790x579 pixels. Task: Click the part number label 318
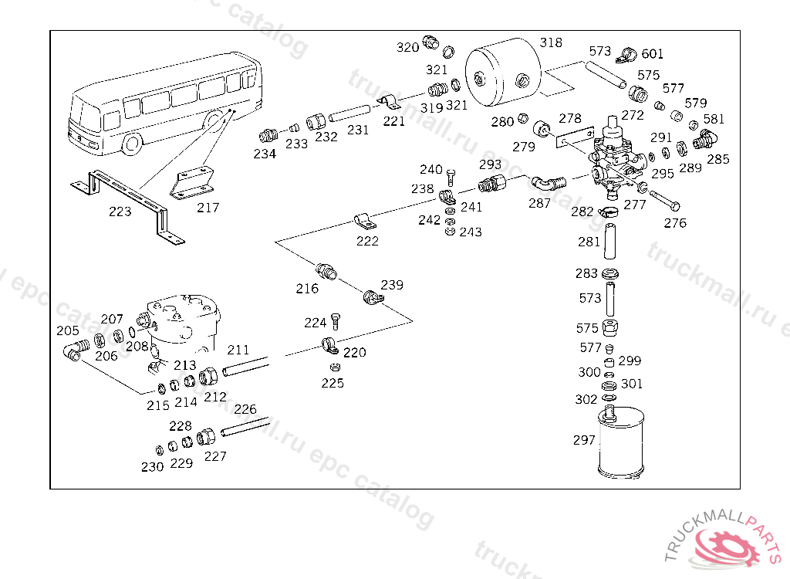point(551,43)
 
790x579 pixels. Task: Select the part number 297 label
point(584,440)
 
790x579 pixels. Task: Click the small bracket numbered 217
point(194,182)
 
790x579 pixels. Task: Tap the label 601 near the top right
point(652,54)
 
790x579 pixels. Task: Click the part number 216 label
point(307,289)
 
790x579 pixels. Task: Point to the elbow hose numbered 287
point(548,183)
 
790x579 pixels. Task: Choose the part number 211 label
point(238,350)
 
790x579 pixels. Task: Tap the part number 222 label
point(367,242)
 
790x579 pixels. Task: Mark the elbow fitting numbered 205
point(73,353)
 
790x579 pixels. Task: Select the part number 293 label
point(490,164)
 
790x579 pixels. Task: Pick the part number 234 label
point(265,154)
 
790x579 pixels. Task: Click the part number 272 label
point(632,116)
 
